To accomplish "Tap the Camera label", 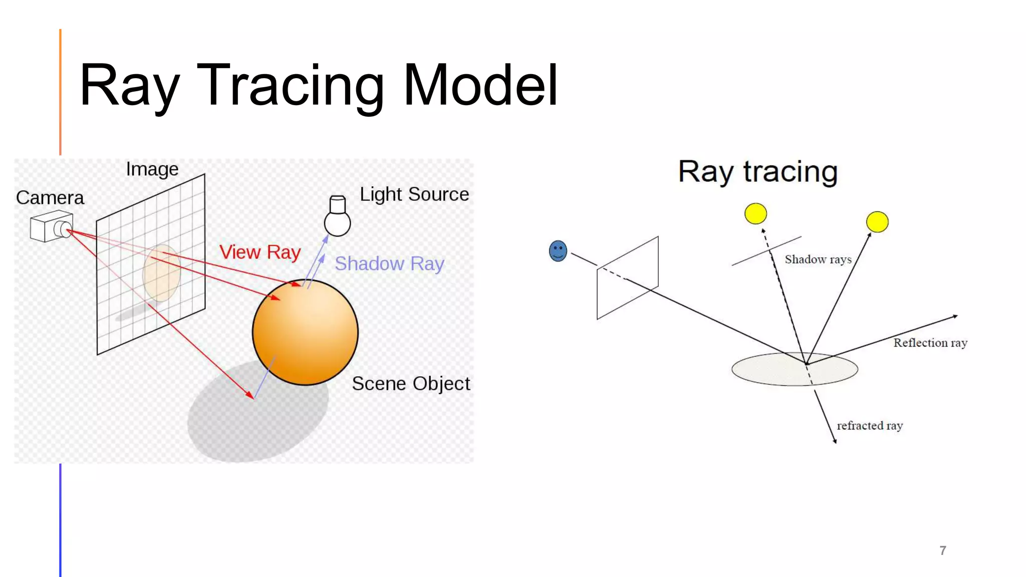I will (50, 198).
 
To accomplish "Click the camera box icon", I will (51, 226).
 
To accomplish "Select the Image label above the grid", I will (152, 169).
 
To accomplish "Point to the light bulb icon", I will (337, 216).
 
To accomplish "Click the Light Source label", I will (414, 194).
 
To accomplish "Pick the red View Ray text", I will (260, 252).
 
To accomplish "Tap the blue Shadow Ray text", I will (389, 263).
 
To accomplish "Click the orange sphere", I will (305, 332).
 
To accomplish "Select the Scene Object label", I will (410, 384).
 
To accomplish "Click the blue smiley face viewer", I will (558, 251).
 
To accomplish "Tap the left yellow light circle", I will (755, 213).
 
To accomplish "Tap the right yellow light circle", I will (877, 222).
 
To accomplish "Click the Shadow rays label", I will (818, 259).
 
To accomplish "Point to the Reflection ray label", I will (930, 343).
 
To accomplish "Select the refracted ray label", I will (869, 426).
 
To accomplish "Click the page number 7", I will (942, 550).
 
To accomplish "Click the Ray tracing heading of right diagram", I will (757, 172).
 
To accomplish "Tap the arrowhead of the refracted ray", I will (835, 441).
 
